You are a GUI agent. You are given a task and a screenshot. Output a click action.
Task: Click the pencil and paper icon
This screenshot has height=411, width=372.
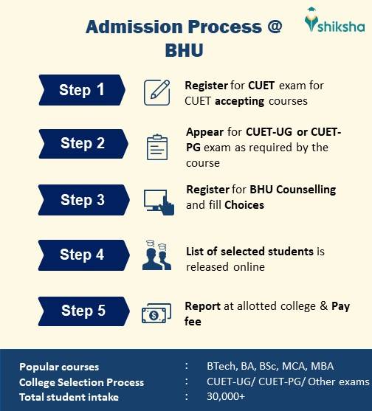click(157, 91)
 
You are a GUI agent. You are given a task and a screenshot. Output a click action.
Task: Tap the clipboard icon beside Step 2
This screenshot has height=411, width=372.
click(157, 145)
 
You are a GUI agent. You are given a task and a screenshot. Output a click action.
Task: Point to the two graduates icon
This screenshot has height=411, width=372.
click(157, 255)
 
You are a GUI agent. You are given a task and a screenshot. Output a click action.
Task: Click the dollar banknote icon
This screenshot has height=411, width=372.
click(157, 314)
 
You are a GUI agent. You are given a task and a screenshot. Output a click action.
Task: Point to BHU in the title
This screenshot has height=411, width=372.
click(183, 52)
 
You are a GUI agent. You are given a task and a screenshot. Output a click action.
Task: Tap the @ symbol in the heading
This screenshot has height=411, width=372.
click(274, 28)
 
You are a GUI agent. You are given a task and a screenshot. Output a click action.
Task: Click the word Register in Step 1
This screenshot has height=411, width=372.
click(206, 86)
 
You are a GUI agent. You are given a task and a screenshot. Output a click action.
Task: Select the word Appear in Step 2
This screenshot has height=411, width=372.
click(204, 133)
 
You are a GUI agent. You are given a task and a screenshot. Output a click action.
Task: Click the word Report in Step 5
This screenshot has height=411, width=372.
click(202, 306)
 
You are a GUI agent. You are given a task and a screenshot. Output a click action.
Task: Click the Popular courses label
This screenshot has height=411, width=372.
click(59, 367)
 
